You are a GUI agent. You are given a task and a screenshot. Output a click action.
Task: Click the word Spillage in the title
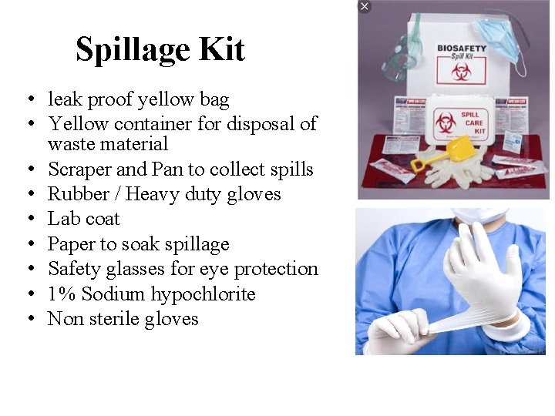click(x=132, y=50)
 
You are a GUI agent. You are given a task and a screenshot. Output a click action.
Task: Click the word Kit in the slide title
click(x=221, y=50)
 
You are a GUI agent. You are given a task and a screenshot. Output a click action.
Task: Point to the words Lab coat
click(x=83, y=219)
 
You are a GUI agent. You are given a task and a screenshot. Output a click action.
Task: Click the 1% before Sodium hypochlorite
click(x=62, y=294)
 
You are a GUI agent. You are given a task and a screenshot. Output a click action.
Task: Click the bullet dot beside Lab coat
click(x=28, y=220)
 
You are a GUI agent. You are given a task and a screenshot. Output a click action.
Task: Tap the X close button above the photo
click(x=365, y=6)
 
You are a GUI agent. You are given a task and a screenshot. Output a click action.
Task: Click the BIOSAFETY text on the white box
click(x=462, y=49)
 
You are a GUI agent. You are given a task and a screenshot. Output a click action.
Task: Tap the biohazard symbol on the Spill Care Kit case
click(x=447, y=122)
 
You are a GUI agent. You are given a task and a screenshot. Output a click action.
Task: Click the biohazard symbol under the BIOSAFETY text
click(x=462, y=72)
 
